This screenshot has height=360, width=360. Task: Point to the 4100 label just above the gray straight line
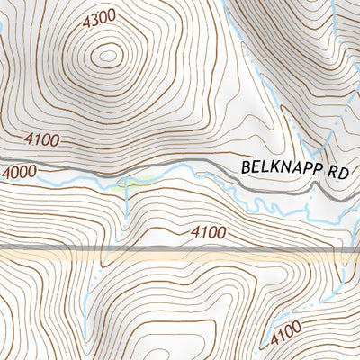[209, 233]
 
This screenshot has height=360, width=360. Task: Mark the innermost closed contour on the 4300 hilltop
[108, 56]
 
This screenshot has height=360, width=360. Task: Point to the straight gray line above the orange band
[180, 247]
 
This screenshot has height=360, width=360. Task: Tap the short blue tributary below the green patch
[127, 202]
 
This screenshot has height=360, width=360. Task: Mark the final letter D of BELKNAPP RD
[346, 169]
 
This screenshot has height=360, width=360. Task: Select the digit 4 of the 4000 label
[7, 173]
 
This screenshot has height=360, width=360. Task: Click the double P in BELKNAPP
[306, 168]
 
